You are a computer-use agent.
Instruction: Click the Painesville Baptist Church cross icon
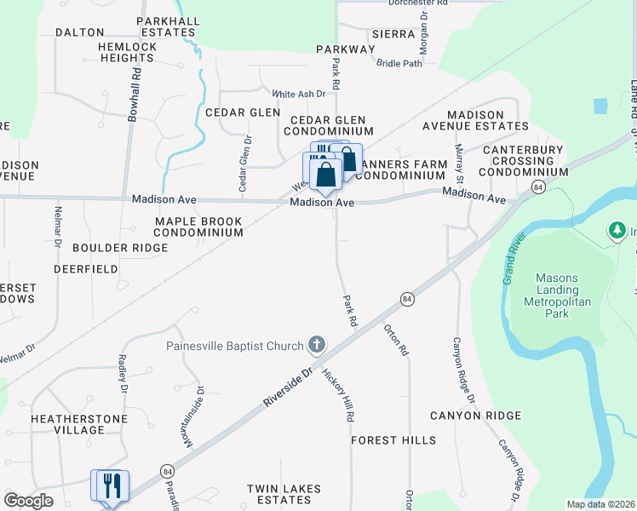point(316,345)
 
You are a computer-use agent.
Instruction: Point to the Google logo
point(28,501)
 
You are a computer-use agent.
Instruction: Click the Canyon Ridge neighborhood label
point(475,416)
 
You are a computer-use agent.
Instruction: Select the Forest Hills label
point(393,440)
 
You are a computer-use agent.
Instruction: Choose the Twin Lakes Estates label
point(284,494)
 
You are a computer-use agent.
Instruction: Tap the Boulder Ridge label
point(120,248)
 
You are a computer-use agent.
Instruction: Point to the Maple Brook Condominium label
point(198,227)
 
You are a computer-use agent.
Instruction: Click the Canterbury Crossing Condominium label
point(523,161)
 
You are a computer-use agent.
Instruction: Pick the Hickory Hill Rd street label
point(338,396)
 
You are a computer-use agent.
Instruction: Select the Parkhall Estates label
point(167,26)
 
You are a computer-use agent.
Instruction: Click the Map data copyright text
point(600,504)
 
